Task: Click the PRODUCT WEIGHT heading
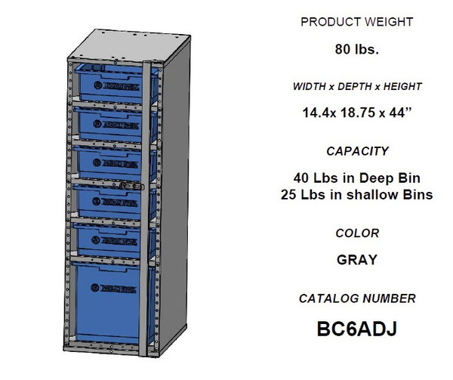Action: click(356, 22)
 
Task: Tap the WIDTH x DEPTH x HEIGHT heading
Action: click(356, 87)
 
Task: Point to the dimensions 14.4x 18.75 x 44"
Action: click(356, 114)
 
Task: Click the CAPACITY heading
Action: click(356, 151)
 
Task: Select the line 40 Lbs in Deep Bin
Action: click(356, 179)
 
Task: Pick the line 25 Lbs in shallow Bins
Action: click(356, 195)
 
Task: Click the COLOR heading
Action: click(356, 233)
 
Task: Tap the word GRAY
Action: click(356, 261)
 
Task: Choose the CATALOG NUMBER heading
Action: click(356, 298)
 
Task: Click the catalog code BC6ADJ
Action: click(356, 330)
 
